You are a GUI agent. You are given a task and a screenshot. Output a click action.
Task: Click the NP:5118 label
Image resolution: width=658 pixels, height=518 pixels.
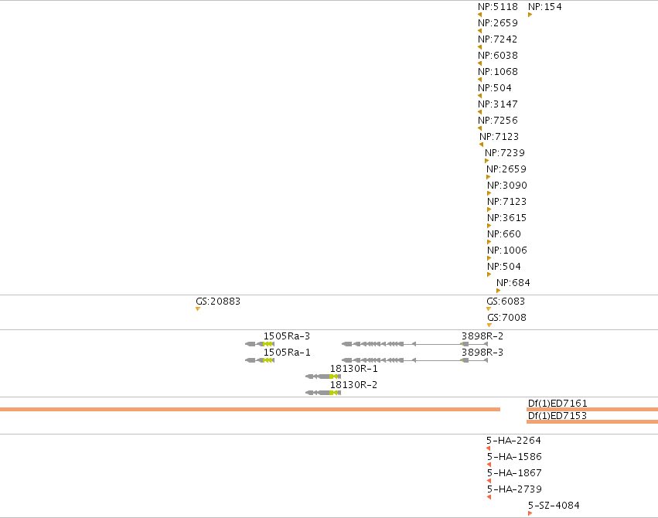coord(498,7)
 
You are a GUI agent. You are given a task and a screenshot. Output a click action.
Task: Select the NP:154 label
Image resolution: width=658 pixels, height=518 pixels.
coord(544,7)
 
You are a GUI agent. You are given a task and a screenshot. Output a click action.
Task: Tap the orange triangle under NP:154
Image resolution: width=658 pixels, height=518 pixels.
coord(530,15)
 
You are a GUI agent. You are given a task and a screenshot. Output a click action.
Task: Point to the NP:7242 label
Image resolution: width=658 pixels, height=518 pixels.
coord(498,39)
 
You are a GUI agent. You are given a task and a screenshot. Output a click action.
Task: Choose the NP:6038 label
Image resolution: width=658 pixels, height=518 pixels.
coord(498,56)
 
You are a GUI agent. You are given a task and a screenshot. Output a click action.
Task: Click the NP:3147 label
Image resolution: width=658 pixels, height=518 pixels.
coord(498,104)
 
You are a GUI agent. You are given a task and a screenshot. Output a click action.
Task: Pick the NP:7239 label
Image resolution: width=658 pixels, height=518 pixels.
coord(505,152)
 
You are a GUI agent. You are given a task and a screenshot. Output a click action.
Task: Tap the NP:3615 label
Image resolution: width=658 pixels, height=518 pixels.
coord(506,218)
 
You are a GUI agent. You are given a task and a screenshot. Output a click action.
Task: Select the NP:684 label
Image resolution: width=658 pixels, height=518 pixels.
coord(513,283)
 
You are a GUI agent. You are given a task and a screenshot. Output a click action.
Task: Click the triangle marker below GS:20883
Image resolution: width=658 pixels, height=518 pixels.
coord(198,309)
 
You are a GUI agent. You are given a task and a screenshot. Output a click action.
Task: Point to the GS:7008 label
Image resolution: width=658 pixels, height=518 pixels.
coord(506,318)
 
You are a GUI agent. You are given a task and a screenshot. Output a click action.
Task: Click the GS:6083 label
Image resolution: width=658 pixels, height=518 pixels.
coord(506,302)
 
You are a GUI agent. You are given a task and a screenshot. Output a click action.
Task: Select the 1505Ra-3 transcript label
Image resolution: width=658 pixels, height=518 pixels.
coord(287,336)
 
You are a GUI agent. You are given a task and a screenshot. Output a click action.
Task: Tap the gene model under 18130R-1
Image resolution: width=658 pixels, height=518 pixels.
coord(323,377)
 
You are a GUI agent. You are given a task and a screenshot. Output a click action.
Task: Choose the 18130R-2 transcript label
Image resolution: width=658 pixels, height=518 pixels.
coord(353,384)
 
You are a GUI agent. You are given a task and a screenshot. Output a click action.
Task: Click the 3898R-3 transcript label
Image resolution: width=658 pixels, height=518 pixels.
coord(482,353)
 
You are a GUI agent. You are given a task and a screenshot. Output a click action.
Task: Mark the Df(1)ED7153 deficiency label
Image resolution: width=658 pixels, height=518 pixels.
coord(557,416)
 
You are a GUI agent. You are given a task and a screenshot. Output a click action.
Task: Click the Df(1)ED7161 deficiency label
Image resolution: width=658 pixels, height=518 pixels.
coord(557,403)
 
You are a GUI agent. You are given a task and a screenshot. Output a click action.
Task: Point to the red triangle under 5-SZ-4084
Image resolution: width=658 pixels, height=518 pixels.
coord(530,513)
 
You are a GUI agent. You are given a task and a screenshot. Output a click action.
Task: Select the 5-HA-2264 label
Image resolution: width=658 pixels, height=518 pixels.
coord(513,441)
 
